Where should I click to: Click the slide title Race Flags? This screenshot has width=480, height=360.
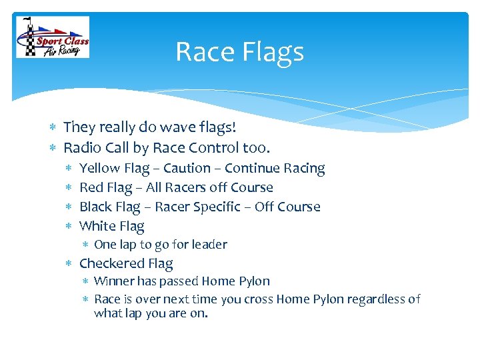239,52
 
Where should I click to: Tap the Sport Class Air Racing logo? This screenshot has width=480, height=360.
53,37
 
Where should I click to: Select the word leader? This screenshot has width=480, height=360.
210,245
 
